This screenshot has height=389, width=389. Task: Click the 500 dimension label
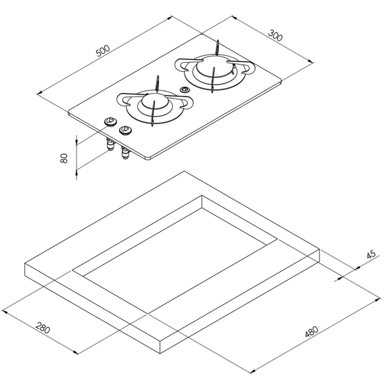[x=103, y=51]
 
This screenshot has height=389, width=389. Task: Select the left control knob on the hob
[x=110, y=122]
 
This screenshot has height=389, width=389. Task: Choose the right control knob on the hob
[x=125, y=129]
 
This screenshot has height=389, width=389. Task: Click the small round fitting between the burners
[x=184, y=89]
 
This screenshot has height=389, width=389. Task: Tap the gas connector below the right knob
[x=125, y=154]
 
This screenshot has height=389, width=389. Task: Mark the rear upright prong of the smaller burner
[x=158, y=83]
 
